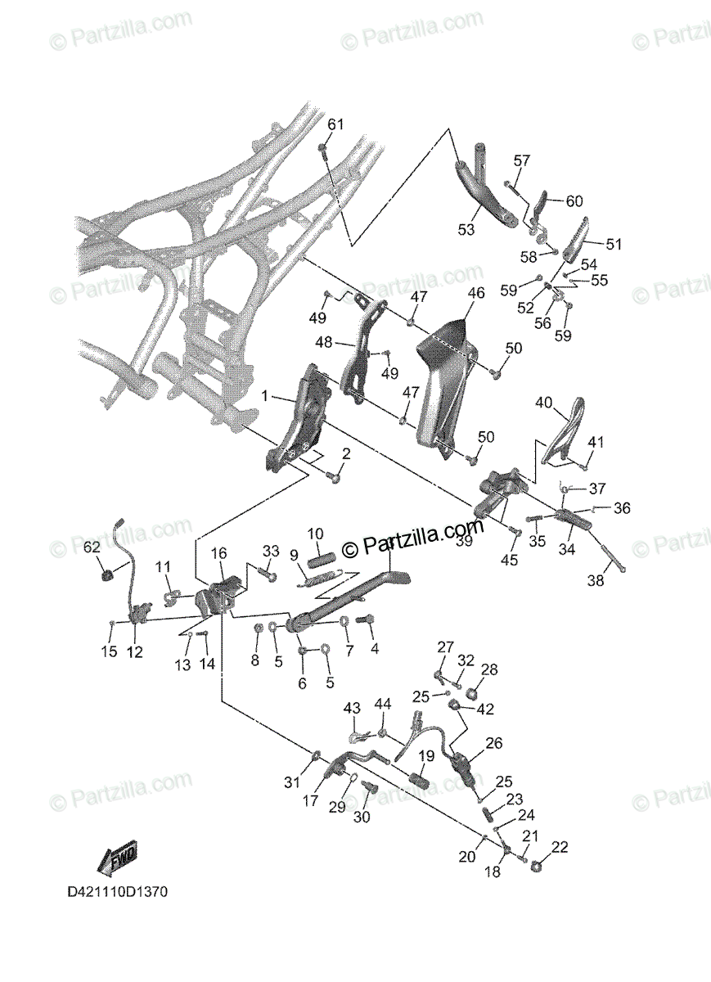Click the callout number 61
point(336,124)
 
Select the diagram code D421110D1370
point(117,891)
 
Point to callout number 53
point(466,230)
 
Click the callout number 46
point(476,292)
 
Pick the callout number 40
point(544,402)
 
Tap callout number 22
point(560,847)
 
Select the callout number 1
point(264,396)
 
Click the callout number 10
point(316,534)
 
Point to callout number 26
point(493,743)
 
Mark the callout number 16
point(218,554)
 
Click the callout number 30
point(362,817)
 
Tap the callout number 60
point(574,201)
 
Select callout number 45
point(510,560)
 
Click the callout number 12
point(134,652)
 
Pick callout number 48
point(326,343)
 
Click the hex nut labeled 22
point(538,865)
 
